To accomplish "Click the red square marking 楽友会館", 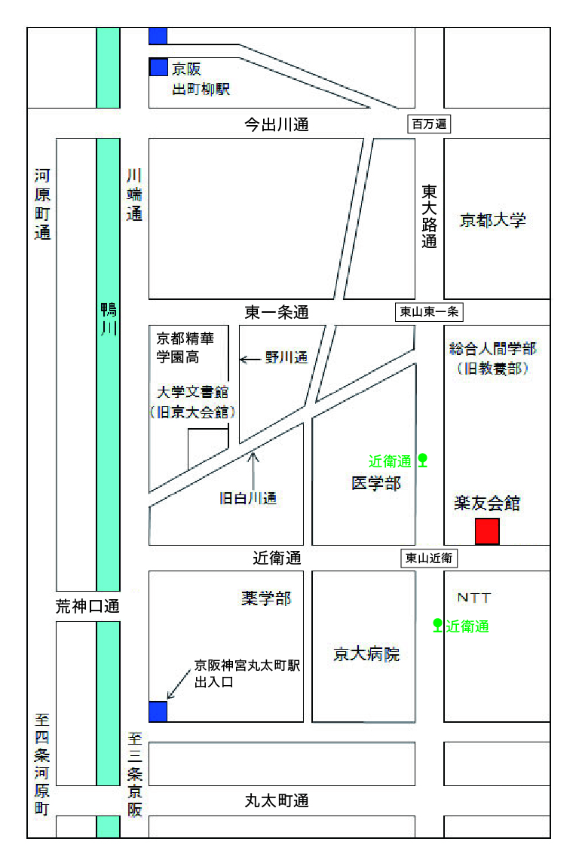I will click(x=487, y=531).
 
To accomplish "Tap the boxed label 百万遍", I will click(x=429, y=124).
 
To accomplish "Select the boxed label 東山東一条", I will click(x=429, y=311).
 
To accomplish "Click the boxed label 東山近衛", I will click(x=429, y=558).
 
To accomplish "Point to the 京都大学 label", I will click(x=493, y=220).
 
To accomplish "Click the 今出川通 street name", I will click(x=277, y=125).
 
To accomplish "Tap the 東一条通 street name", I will click(x=277, y=312).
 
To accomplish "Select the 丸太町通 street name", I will click(x=277, y=801).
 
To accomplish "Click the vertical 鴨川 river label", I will click(x=109, y=320).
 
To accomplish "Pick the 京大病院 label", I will click(x=366, y=653).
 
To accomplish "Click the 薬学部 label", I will click(x=266, y=598).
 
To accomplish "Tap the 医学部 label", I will click(x=376, y=483).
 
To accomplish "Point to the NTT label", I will click(x=474, y=598).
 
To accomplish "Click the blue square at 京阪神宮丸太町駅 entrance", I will click(x=158, y=711).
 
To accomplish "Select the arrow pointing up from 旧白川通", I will click(x=253, y=468).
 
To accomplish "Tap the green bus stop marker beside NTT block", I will click(x=437, y=625).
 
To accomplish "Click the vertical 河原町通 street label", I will click(x=42, y=204).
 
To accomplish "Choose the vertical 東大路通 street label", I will click(x=429, y=216).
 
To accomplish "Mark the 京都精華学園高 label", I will click(x=185, y=347).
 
